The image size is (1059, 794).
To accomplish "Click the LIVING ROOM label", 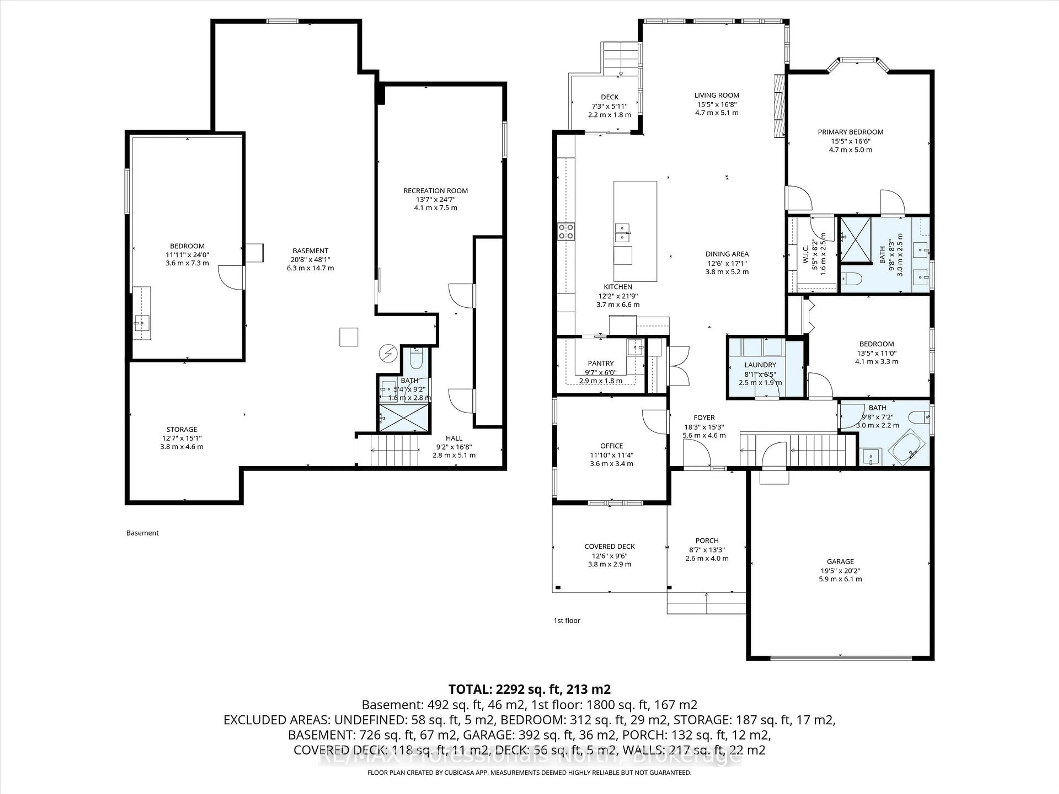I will coord(717,95).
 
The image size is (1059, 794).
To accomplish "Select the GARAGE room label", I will coord(840,561).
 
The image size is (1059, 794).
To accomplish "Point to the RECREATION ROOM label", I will coord(435,191).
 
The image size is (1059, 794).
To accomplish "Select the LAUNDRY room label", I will coord(760,365).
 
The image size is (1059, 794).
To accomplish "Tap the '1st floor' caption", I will coord(567,620).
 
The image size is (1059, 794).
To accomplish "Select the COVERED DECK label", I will coord(609,546).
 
